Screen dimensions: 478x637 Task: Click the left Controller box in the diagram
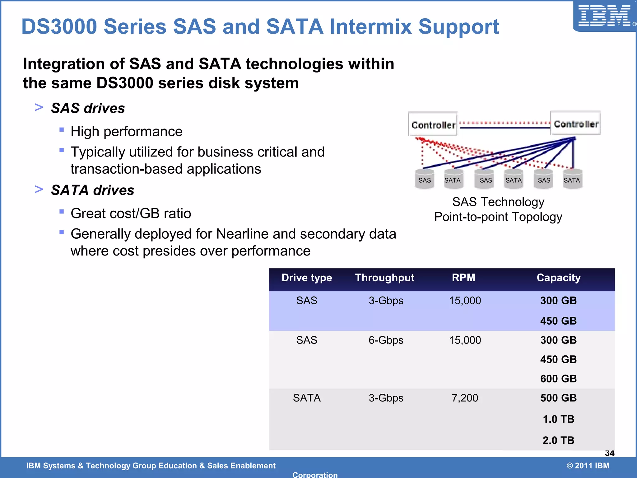coord(433,124)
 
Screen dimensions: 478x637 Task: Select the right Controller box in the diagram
coord(575,124)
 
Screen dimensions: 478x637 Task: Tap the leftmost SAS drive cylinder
coord(425,180)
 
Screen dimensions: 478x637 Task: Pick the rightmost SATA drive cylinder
coord(572,180)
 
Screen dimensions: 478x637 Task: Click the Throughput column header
coord(384,278)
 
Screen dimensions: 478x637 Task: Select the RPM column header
coord(463,278)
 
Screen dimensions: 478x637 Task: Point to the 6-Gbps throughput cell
coord(386,340)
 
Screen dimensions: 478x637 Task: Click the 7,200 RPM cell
coord(465,398)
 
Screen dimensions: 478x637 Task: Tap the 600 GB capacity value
coord(558,379)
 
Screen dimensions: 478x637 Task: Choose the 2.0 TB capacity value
coord(558,440)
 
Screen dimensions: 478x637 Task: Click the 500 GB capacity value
coord(558,398)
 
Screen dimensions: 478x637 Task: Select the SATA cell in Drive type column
coord(307,398)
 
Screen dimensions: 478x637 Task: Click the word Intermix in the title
coord(371,26)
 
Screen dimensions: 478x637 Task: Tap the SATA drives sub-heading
coord(93,190)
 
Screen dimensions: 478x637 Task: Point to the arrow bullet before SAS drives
coord(39,108)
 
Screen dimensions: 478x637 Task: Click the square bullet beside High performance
coord(62,130)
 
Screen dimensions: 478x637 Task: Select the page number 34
coord(609,453)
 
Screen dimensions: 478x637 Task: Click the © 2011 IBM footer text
coord(588,466)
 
